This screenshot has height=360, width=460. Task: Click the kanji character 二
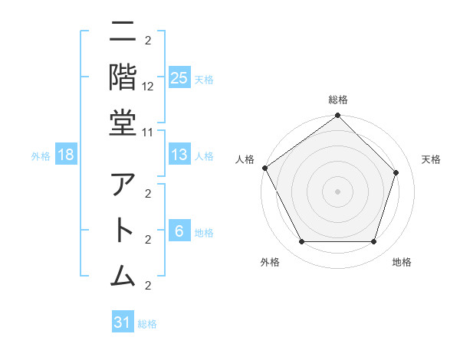[123, 34]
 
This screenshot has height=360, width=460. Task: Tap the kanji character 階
[123, 77]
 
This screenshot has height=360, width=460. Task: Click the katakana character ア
[123, 186]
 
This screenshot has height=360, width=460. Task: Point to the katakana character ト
[123, 231]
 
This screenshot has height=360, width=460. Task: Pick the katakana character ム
[123, 274]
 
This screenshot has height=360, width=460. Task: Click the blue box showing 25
[179, 78]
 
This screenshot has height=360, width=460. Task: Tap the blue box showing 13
[179, 155]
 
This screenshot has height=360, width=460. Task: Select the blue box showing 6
[179, 232]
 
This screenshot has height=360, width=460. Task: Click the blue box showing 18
[66, 155]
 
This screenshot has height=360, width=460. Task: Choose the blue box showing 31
[123, 322]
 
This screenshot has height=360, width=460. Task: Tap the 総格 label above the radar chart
[337, 100]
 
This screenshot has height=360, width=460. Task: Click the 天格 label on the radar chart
[431, 159]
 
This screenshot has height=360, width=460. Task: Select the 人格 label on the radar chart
[245, 159]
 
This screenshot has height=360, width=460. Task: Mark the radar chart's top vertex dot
[337, 116]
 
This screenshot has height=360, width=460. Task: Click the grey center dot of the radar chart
[337, 191]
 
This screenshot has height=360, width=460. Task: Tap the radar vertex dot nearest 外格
[301, 242]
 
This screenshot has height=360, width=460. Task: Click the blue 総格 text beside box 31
[147, 323]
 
